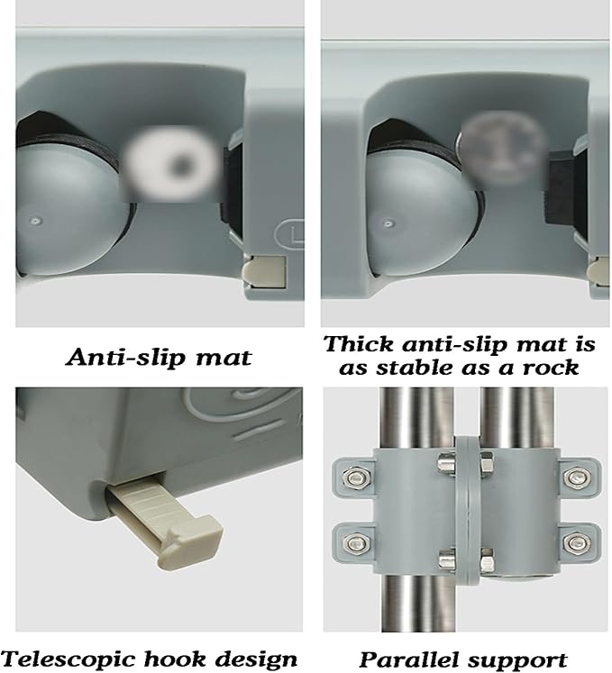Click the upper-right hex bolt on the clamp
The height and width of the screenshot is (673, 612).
(x=576, y=477)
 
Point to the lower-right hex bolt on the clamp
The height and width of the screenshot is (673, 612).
(x=576, y=544)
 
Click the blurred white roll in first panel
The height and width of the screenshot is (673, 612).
(x=171, y=165)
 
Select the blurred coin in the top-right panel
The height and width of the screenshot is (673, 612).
(x=501, y=150)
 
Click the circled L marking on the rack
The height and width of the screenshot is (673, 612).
(x=291, y=235)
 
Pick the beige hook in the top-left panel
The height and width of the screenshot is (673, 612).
(x=265, y=273)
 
